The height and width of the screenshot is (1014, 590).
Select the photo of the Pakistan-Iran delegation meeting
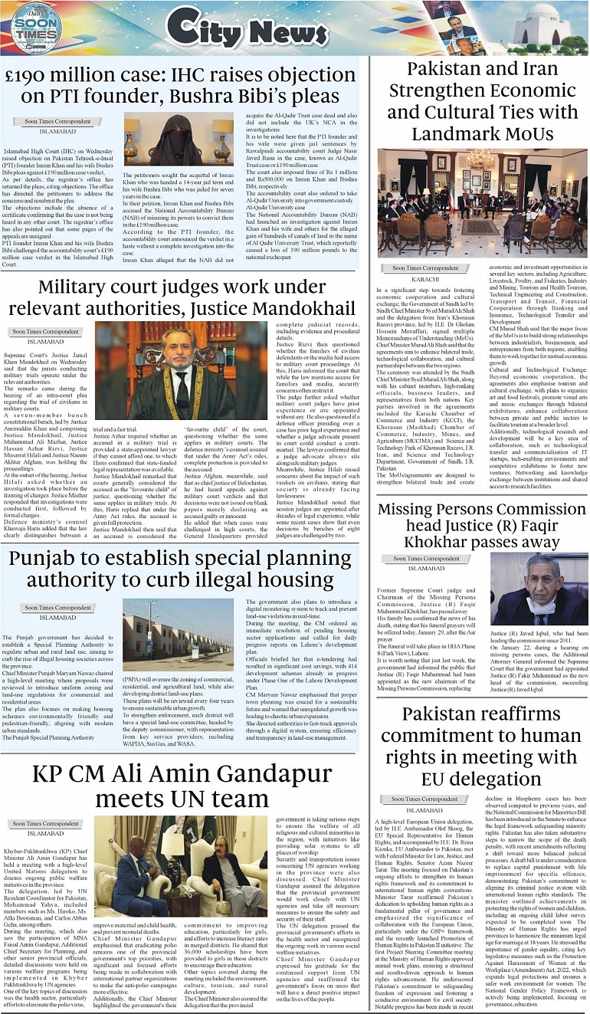tap(483, 202)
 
